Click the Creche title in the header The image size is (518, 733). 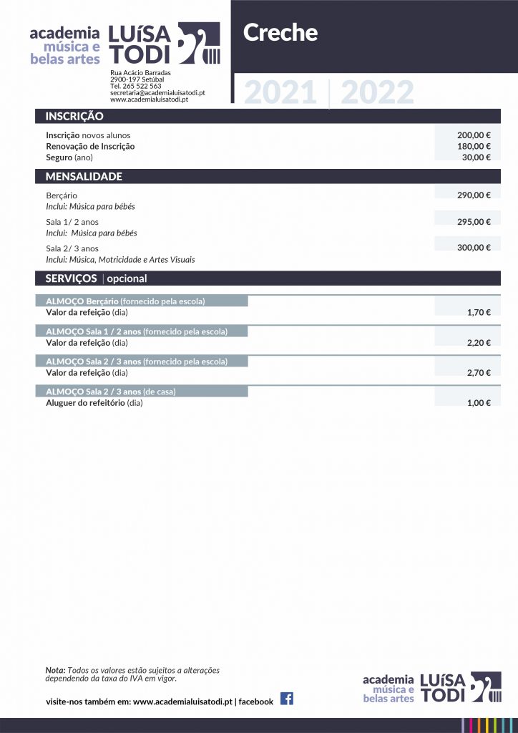coord(280,33)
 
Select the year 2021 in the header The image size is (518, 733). coord(280,93)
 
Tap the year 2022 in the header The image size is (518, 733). coord(377,93)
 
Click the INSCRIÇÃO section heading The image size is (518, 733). coord(74,116)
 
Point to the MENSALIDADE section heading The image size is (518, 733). coord(84,176)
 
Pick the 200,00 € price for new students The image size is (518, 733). coord(474,135)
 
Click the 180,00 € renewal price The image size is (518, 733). coord(474,146)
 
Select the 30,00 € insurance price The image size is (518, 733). coord(476,157)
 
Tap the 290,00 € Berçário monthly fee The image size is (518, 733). coord(474,195)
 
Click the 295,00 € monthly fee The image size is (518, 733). coord(474,222)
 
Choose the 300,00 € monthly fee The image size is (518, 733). coord(474,248)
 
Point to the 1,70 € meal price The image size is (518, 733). coord(479,313)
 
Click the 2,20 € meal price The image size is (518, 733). coord(479,343)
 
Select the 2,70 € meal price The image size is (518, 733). coord(479,373)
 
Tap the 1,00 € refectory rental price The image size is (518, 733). coord(479,403)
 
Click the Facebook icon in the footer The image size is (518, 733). coord(286,699)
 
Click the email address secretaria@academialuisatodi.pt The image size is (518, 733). coord(157,93)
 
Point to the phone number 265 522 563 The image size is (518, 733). coord(142,86)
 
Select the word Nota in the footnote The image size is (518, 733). coord(55,670)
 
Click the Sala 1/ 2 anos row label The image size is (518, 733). coord(72,222)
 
